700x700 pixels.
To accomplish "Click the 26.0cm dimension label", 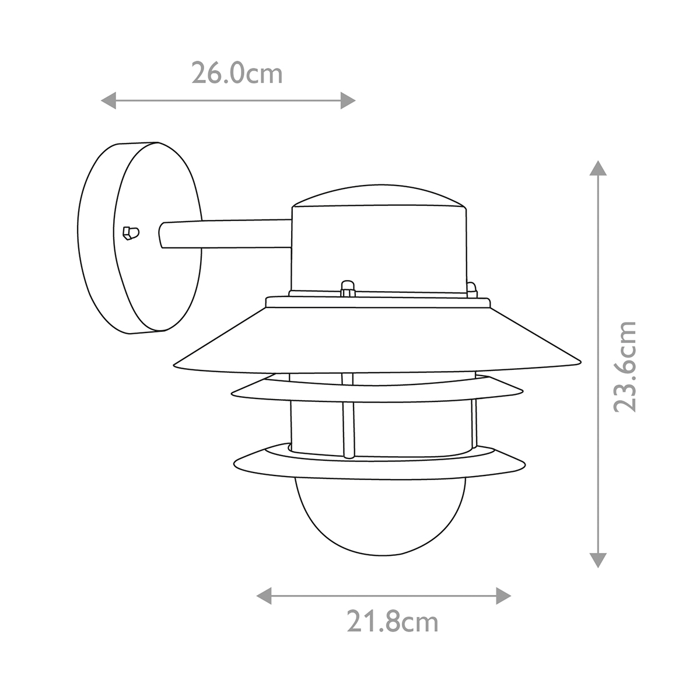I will [237, 74].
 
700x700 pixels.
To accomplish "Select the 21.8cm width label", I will [392, 622].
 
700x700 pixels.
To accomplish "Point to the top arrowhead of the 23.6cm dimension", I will [596, 169].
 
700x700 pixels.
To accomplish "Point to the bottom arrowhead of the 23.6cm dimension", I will [596, 561].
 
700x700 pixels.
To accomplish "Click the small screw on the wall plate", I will [131, 232].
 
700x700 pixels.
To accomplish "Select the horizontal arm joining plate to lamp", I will [228, 233].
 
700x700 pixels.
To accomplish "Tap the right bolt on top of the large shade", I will [471, 288].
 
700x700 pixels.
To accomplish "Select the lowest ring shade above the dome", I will [379, 461].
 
